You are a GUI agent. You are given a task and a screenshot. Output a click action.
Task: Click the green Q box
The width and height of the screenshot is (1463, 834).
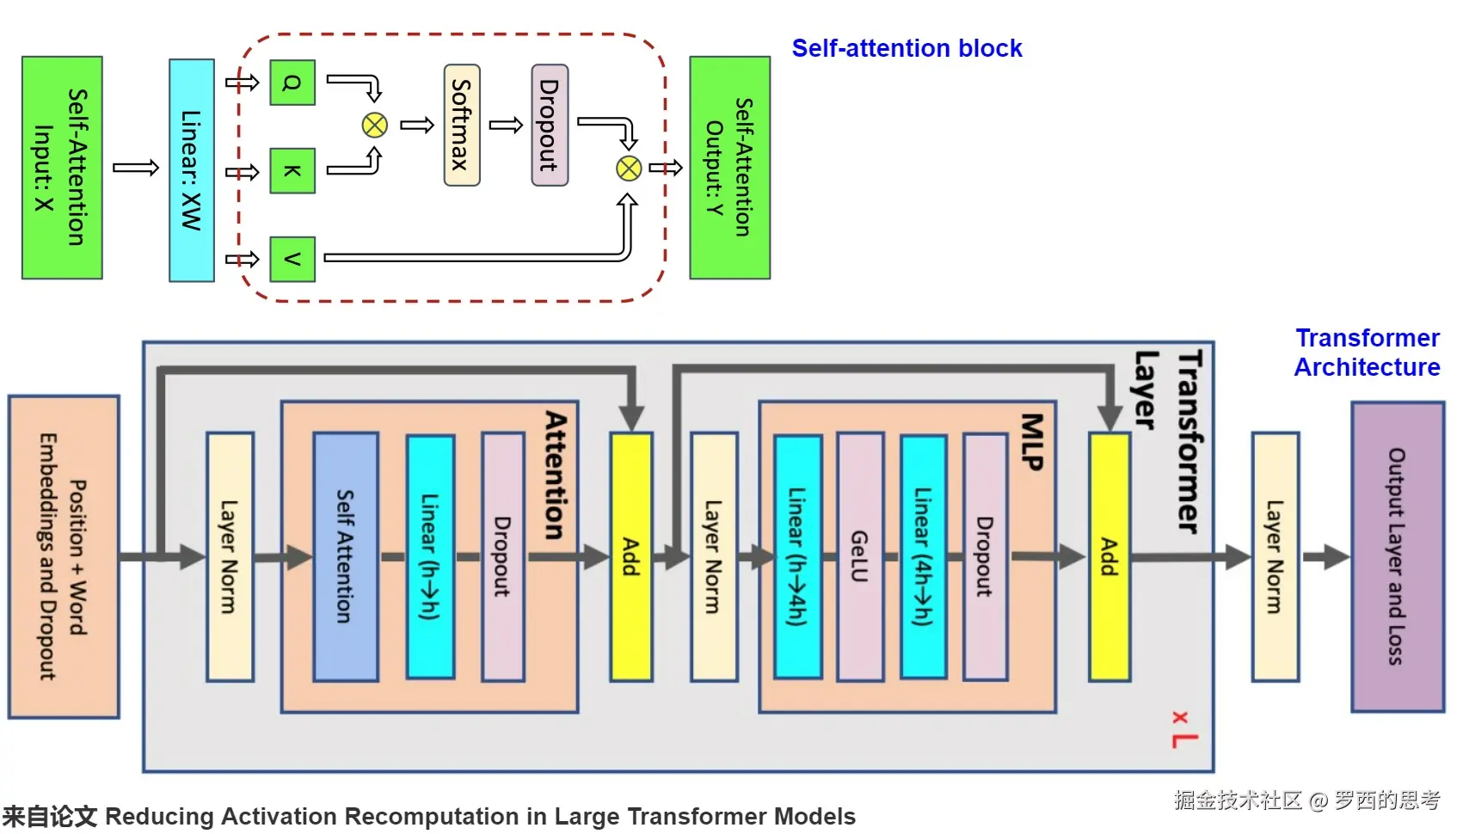pos(292,83)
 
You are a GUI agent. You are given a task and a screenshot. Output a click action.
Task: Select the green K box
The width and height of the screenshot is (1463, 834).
pos(292,170)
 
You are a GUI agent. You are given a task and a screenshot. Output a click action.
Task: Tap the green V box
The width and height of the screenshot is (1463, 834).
pos(292,259)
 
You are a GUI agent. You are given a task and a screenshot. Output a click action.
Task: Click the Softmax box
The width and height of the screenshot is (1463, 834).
pos(462,125)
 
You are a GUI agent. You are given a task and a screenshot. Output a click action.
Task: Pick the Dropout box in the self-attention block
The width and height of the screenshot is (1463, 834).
pos(550,125)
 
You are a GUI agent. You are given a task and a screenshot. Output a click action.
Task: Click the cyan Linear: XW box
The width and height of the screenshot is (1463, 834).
pos(191,170)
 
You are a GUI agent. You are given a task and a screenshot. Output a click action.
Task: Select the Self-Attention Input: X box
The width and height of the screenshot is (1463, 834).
pos(62,168)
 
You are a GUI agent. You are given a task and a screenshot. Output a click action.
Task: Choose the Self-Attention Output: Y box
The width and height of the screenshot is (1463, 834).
pos(729,168)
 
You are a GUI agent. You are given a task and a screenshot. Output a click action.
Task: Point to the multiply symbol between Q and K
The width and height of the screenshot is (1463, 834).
pos(375,126)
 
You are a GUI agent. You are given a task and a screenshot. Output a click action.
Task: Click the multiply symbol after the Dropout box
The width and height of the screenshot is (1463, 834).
pos(629,169)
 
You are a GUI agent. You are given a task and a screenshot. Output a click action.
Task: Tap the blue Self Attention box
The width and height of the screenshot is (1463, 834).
pos(346,557)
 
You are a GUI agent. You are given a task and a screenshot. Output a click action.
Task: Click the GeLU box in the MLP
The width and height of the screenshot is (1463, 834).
pos(860,557)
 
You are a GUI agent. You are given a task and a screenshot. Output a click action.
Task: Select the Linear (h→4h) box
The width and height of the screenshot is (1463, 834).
pos(798,557)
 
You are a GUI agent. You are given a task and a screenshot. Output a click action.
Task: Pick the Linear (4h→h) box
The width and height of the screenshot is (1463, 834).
pos(924,557)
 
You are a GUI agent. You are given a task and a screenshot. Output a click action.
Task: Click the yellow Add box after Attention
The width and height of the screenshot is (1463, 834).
pos(631,557)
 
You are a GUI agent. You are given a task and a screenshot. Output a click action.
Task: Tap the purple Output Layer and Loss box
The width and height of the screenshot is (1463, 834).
pos(1398,557)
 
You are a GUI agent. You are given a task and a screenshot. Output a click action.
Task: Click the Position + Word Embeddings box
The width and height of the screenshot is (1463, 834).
pos(64,557)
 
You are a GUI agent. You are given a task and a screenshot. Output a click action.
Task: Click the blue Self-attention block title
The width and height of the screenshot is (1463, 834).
pos(907,48)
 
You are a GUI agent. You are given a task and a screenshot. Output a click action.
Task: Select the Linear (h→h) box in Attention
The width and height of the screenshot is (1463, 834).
pos(430,557)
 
